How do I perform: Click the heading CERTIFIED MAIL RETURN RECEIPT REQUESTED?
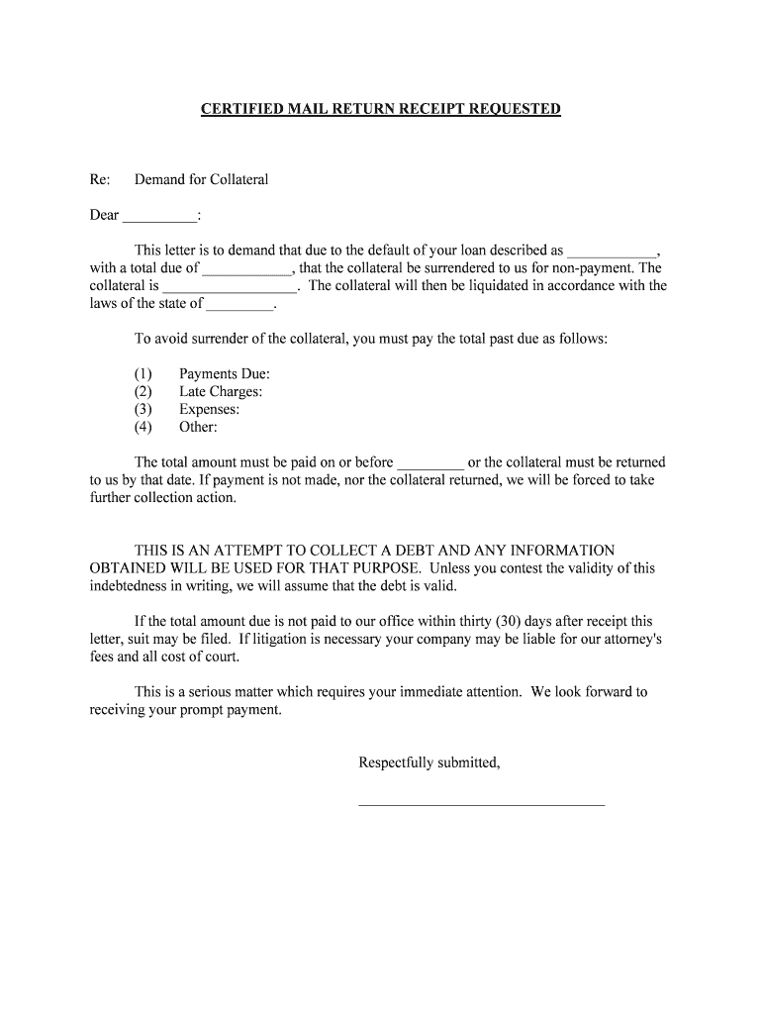point(381,109)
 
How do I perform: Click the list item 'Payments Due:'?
point(225,373)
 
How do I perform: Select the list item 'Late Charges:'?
point(221,391)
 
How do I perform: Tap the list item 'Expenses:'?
point(210,409)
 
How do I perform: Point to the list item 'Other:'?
point(198,427)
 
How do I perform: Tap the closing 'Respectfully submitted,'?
point(429,762)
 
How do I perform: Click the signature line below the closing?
point(480,804)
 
